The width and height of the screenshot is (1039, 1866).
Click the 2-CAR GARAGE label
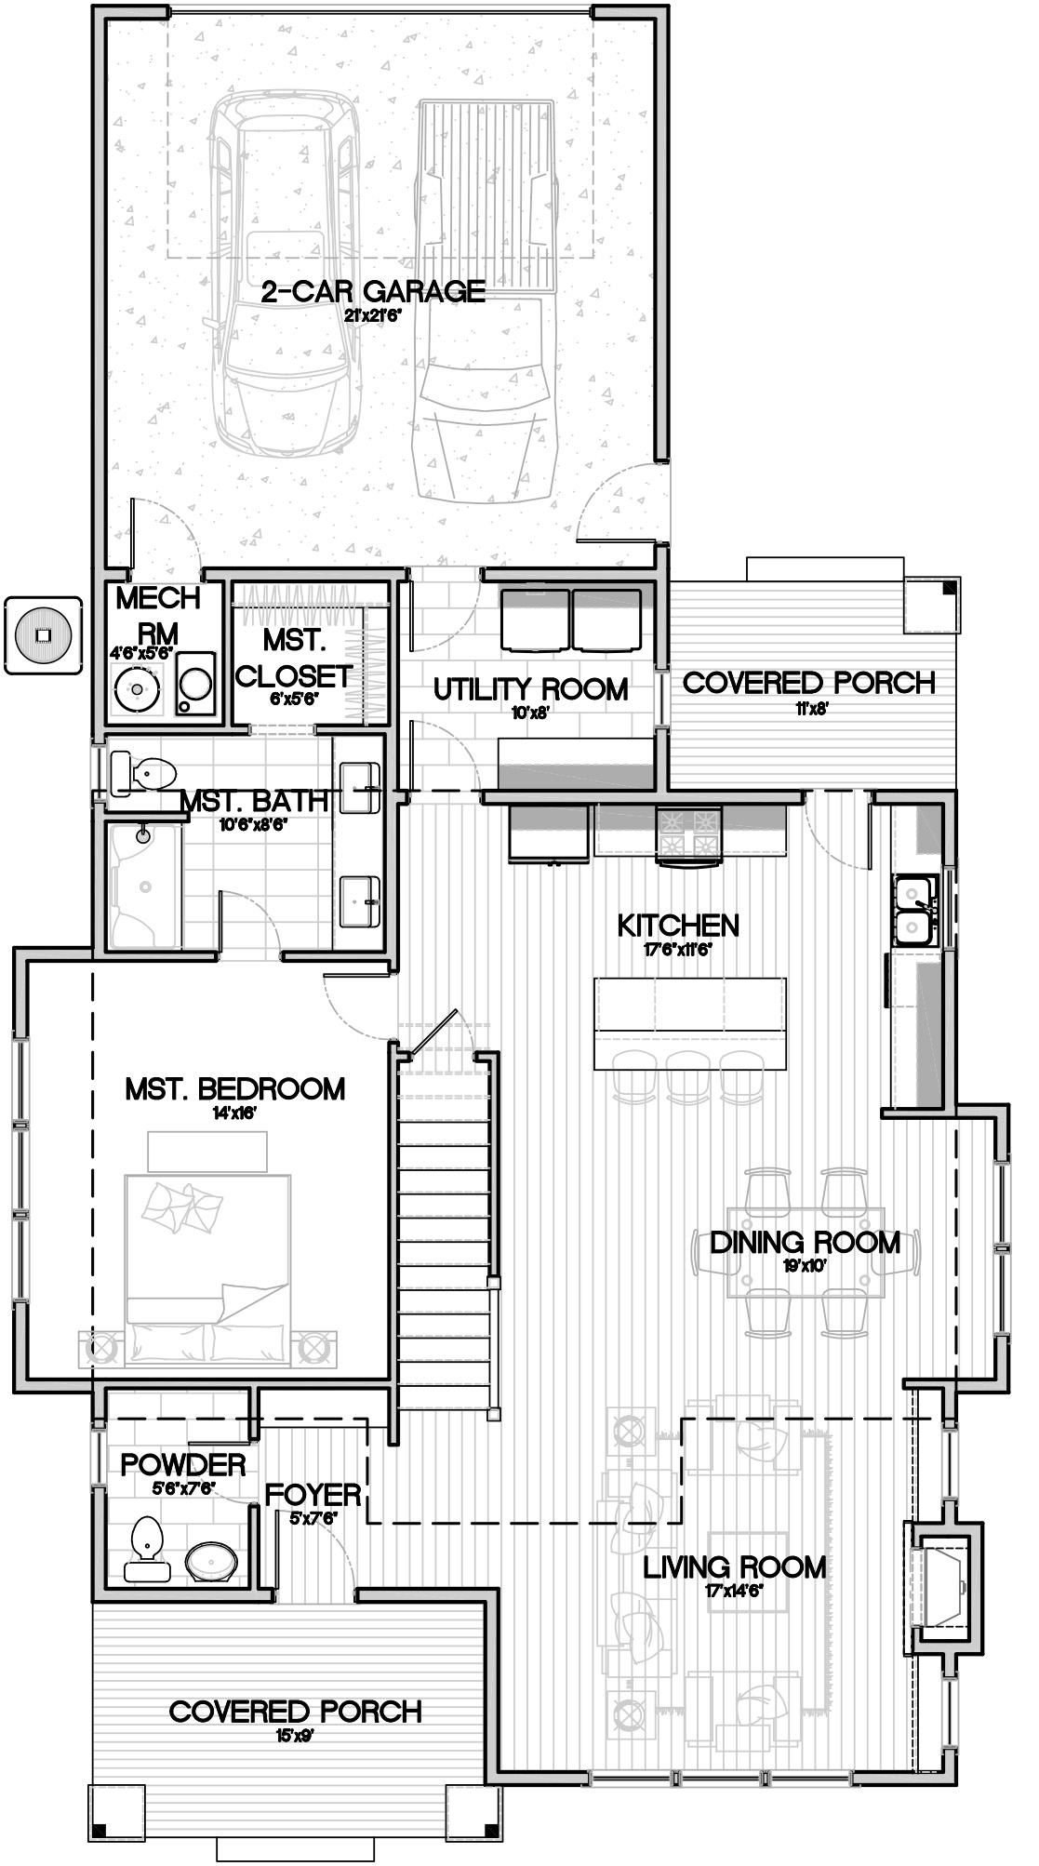373,291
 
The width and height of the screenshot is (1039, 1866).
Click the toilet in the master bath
143,771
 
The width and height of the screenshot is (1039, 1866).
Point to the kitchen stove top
689,831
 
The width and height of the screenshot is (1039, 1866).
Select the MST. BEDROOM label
234,1088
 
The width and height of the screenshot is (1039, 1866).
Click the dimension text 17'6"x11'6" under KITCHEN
678,950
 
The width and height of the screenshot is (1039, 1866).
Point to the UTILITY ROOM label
531,689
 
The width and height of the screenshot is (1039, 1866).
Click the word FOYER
313,1495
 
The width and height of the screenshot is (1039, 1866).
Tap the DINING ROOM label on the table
805,1243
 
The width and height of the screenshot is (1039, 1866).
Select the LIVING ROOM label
735,1567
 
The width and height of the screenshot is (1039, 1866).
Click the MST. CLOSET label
293,658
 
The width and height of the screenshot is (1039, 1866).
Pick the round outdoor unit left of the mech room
42,635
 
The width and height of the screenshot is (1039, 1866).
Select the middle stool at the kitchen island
688,1072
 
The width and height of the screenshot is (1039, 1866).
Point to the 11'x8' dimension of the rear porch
809,708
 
